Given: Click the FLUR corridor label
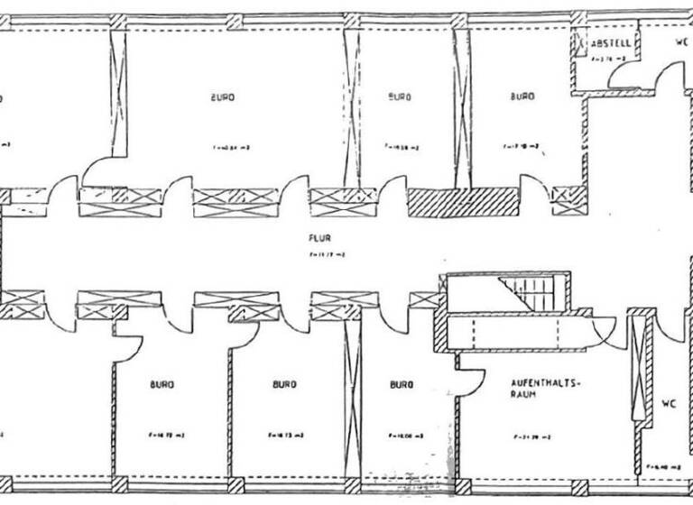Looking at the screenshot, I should tap(317, 239).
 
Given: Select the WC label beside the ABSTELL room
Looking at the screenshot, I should tap(683, 42).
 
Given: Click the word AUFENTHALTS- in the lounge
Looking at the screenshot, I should tap(547, 383).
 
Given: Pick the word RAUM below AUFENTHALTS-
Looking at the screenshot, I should tap(525, 395).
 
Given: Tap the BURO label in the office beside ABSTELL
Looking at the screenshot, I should tap(522, 96).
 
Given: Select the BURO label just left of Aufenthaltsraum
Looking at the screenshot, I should tap(402, 384).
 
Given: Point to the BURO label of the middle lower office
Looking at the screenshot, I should tap(284, 384).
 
